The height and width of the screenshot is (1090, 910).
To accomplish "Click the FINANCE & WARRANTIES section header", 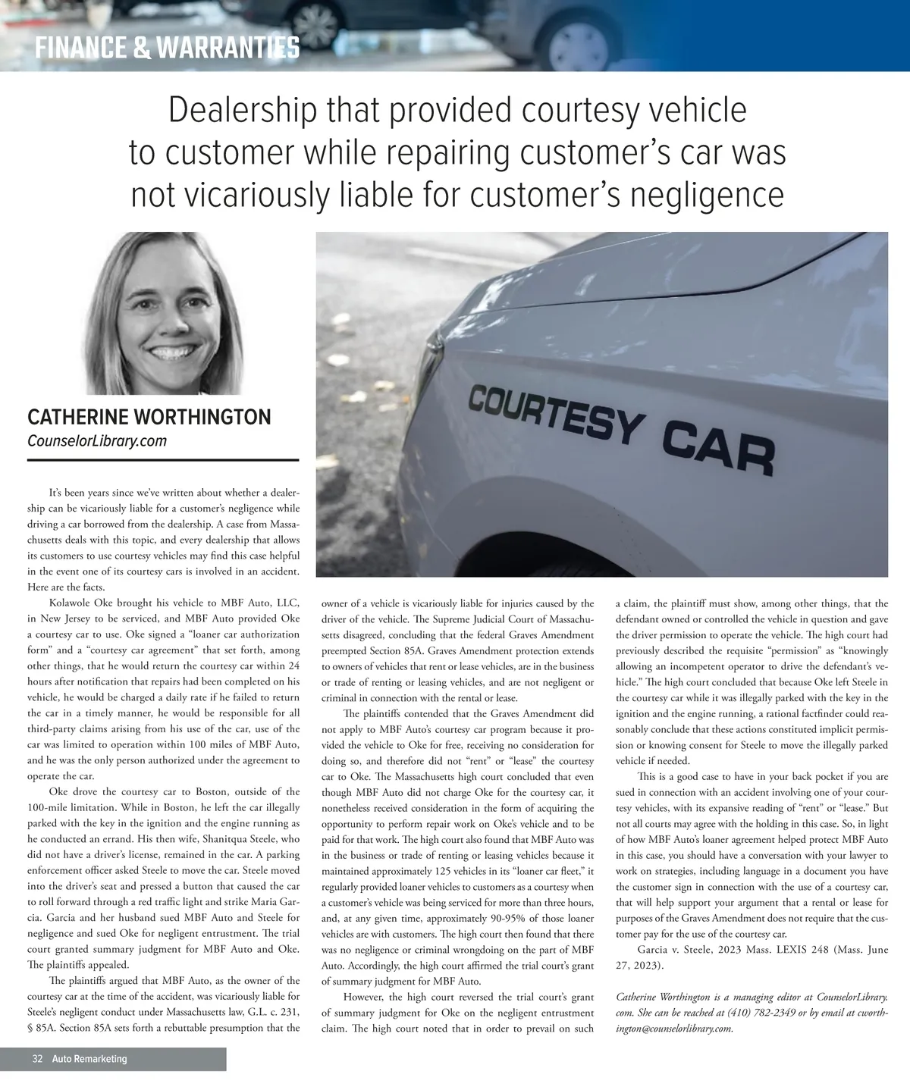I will (168, 49).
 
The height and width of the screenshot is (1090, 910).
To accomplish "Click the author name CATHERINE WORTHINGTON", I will (149, 417).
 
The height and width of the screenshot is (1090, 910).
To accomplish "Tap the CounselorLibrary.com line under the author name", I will (97, 441).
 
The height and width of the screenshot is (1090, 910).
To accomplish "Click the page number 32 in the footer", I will (37, 1059).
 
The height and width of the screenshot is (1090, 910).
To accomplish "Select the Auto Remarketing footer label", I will (89, 1059).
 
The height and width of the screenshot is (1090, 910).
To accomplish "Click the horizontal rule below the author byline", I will (163, 460).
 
